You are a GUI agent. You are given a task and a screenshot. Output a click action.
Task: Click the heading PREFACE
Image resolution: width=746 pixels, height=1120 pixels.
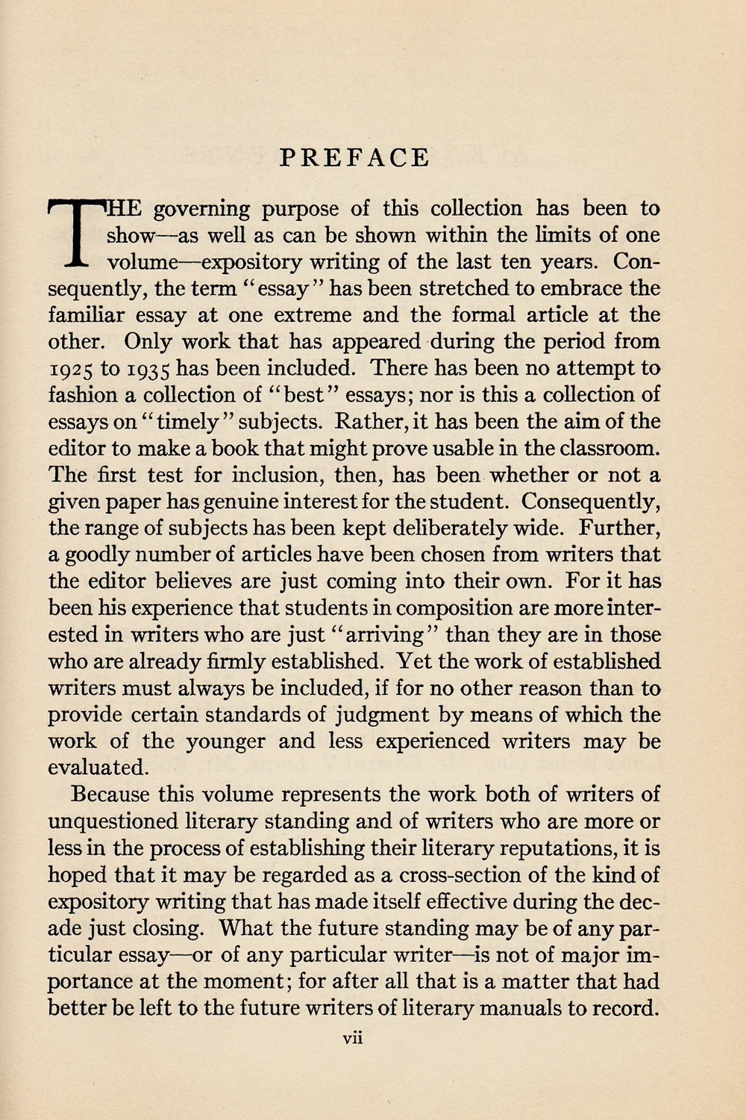click(x=354, y=158)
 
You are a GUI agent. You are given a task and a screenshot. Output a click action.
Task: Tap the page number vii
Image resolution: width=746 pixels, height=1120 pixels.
click(x=352, y=1037)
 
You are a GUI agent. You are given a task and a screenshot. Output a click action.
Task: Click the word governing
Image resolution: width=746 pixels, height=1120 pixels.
click(x=201, y=209)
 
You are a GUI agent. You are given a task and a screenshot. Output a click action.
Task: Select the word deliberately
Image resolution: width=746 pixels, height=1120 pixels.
click(x=448, y=528)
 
